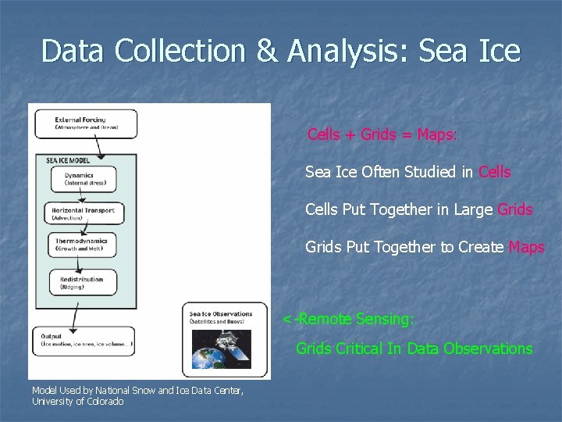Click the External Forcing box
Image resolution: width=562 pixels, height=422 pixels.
[85, 123]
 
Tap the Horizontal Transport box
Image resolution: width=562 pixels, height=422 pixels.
[84, 213]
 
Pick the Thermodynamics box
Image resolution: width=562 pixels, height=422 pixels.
[86, 245]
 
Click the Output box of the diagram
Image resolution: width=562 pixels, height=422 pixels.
[85, 341]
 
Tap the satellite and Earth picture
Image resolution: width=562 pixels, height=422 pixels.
[222, 349]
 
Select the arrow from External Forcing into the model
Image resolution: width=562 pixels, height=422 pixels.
[97, 147]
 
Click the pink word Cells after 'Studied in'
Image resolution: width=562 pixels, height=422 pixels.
[495, 172]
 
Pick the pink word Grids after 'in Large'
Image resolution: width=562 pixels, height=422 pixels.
[514, 209]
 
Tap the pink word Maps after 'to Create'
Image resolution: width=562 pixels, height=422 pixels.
[526, 248]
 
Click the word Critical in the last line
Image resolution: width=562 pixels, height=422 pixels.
[359, 349]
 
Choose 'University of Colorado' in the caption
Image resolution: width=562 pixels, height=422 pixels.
[77, 401]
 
